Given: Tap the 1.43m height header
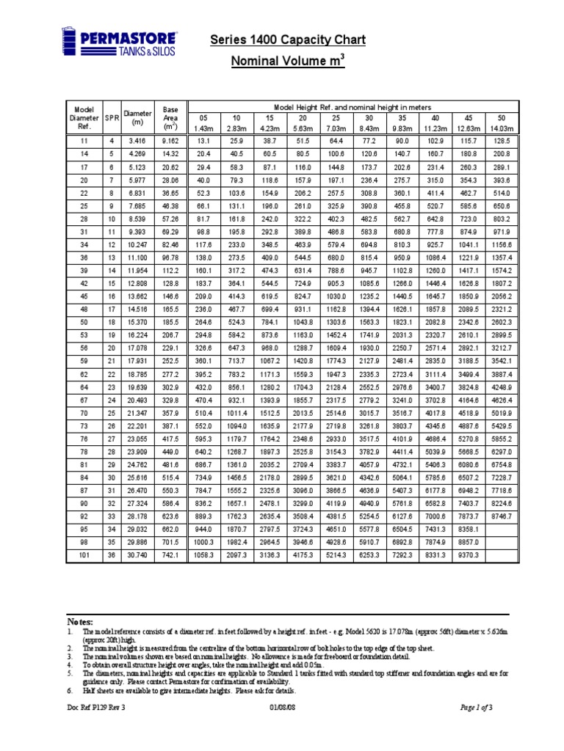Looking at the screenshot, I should pyautogui.click(x=203, y=128).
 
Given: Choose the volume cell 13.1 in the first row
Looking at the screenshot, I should pyautogui.click(x=203, y=140).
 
